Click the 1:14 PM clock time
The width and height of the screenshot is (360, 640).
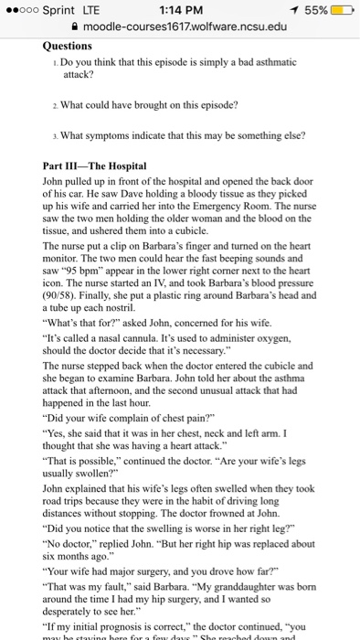pos(179,8)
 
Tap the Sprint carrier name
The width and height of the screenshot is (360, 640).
pos(56,8)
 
